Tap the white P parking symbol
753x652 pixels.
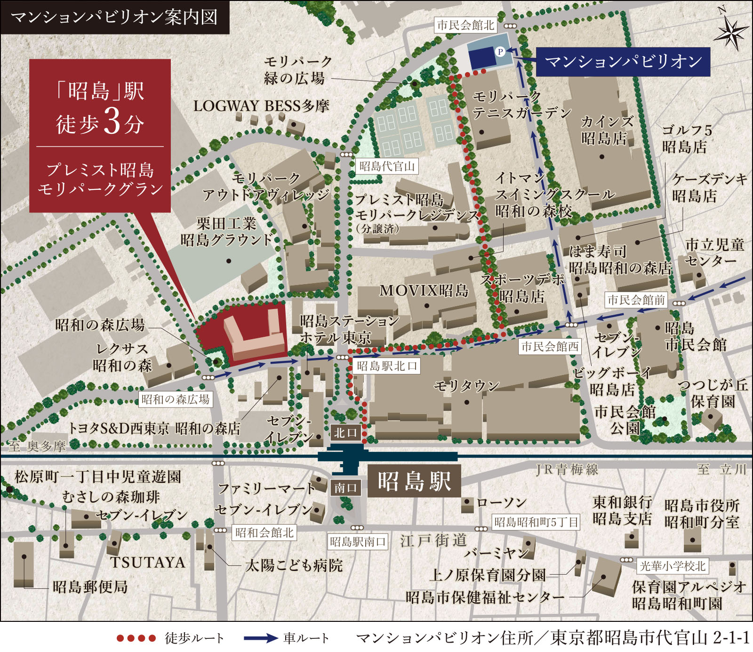(x=500, y=51)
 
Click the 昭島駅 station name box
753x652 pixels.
(x=414, y=481)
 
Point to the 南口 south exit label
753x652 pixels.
(x=346, y=488)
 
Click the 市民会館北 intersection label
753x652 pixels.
(x=465, y=25)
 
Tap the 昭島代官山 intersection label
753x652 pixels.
(x=387, y=166)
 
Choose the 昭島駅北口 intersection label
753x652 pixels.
(x=387, y=366)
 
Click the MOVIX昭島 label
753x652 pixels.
(x=424, y=290)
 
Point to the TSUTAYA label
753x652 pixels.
(x=148, y=562)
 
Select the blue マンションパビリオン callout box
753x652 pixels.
(x=623, y=61)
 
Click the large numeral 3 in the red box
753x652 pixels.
(x=112, y=122)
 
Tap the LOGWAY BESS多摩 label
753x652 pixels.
(x=261, y=106)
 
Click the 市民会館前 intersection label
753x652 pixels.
(x=636, y=300)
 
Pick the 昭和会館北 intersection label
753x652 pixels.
(x=264, y=532)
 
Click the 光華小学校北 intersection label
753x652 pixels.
(x=673, y=566)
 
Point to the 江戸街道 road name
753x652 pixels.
(x=433, y=540)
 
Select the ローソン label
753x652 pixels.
(x=501, y=503)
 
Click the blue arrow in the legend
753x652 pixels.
(x=260, y=638)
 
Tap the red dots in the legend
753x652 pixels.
(x=136, y=638)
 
